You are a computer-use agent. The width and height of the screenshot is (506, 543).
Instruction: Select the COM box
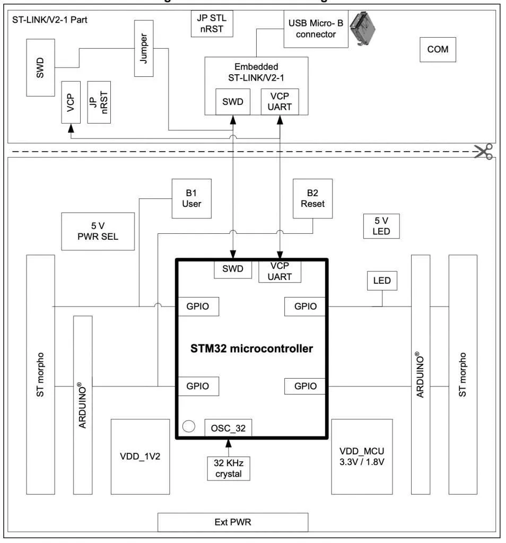[437, 49]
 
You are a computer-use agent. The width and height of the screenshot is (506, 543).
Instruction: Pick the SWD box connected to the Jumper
[40, 67]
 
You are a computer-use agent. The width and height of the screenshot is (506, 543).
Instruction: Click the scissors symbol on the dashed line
[483, 151]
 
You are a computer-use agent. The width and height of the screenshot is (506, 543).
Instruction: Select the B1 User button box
[191, 198]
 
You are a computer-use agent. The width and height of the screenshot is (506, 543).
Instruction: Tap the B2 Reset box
[312, 198]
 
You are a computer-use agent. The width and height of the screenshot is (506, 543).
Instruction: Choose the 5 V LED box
[381, 226]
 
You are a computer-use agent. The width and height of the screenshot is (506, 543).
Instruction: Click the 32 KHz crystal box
[228, 468]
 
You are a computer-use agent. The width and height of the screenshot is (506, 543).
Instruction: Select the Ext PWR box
[233, 522]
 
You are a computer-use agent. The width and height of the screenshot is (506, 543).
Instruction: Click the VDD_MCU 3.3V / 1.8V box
[362, 456]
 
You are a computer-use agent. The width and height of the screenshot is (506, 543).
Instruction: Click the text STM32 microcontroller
[251, 349]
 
